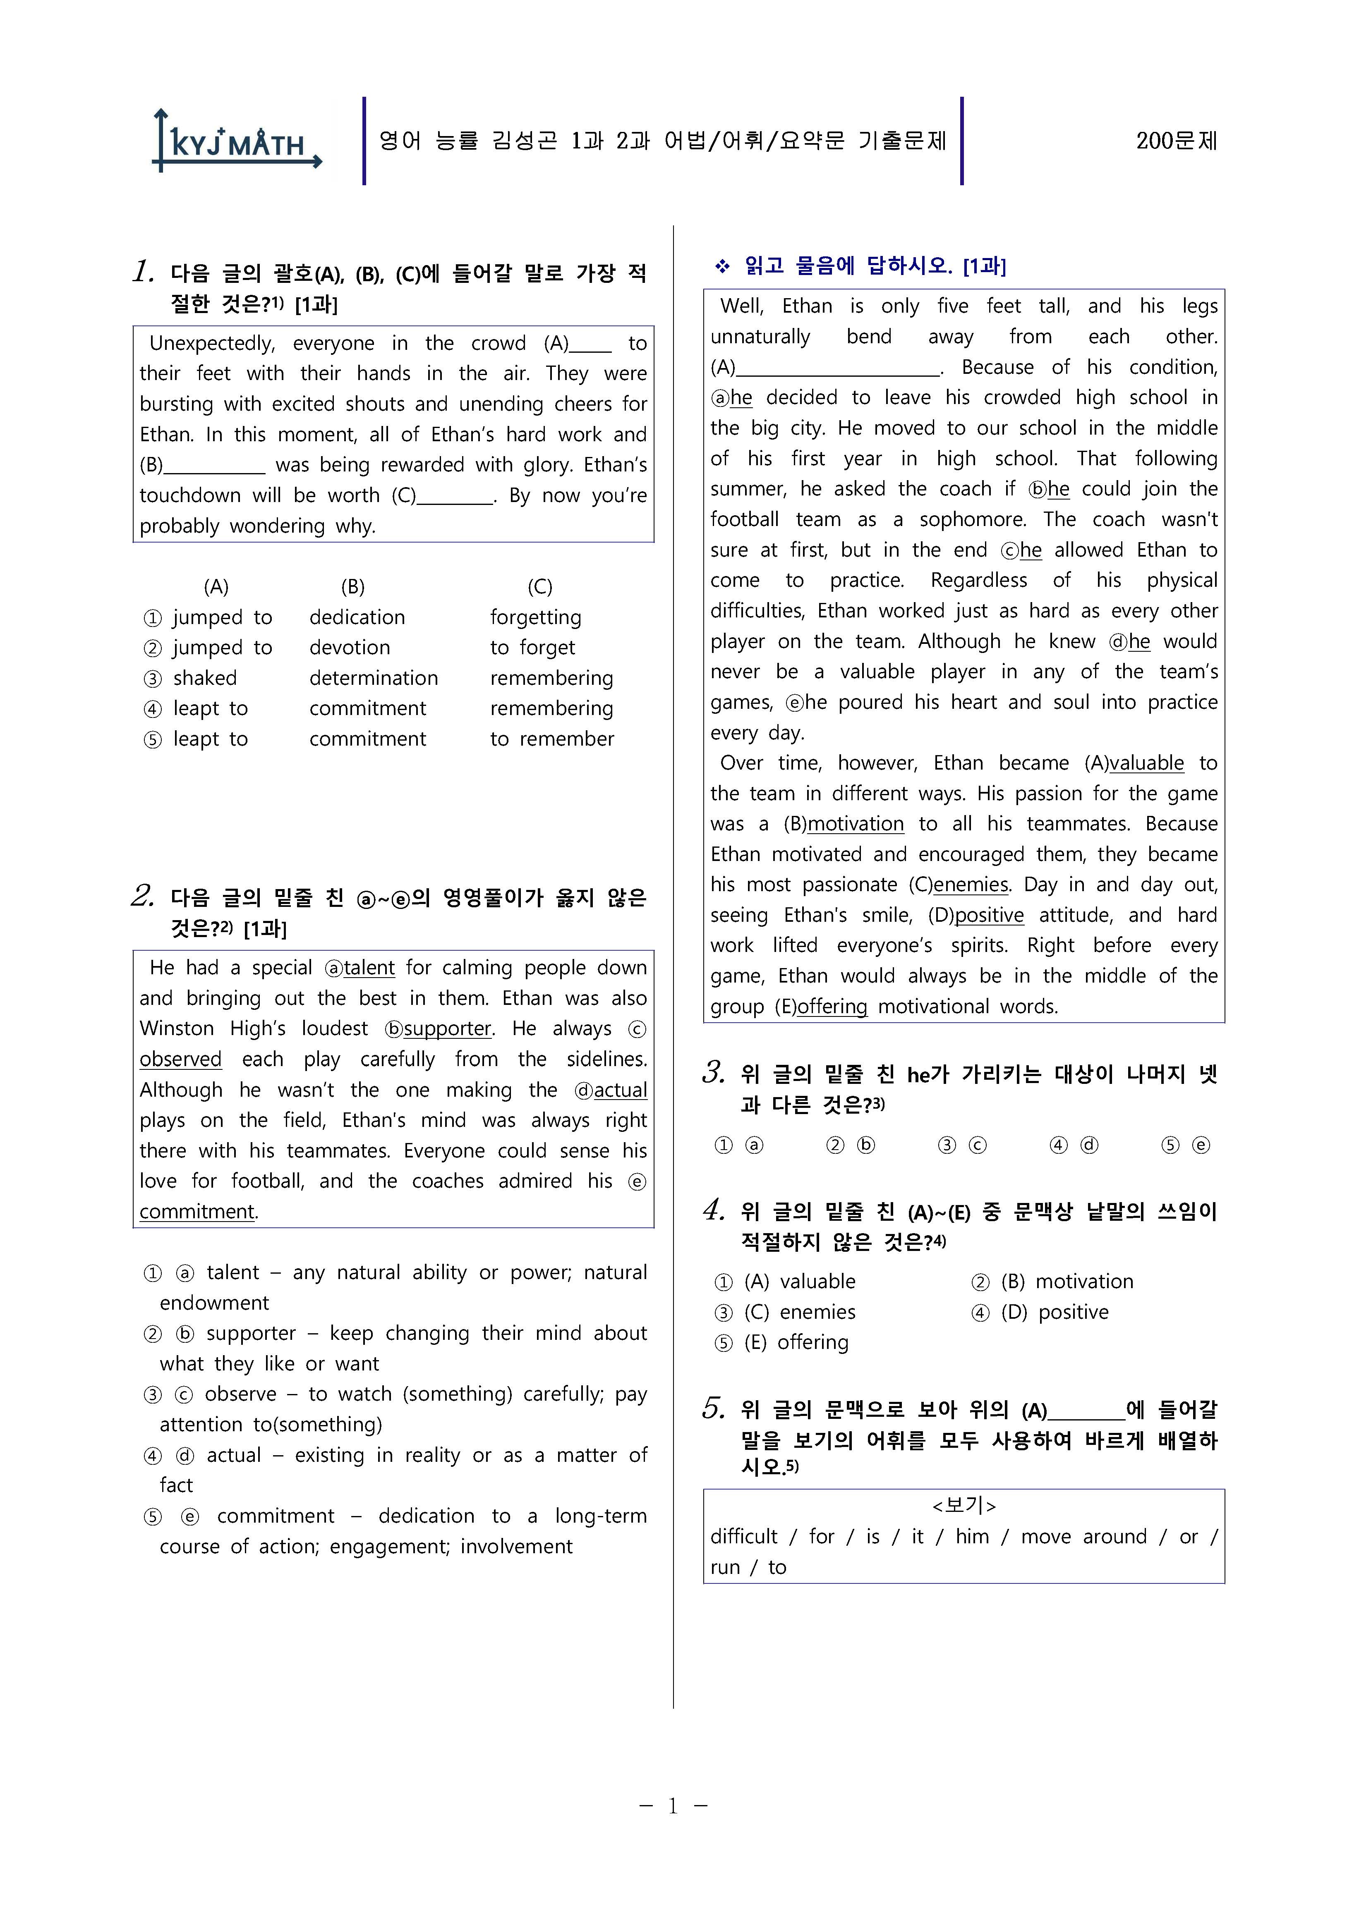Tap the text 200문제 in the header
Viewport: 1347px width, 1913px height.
(1176, 141)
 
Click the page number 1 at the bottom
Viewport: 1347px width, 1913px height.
(673, 1805)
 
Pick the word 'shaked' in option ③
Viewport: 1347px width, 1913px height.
(205, 678)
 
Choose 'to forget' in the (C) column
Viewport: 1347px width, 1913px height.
(532, 648)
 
